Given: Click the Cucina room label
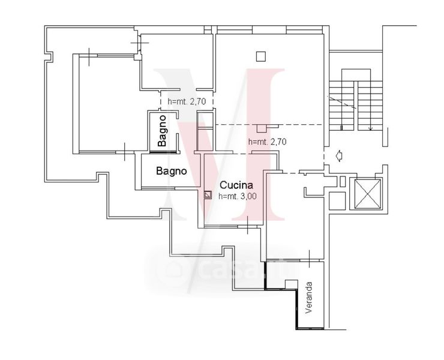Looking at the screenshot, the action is tap(236, 185).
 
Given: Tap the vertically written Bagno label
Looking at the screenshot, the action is tap(162, 131).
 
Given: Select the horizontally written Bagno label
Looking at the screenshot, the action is tap(172, 171).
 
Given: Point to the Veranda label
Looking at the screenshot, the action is tap(308, 297).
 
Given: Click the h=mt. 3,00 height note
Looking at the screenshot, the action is tap(238, 196).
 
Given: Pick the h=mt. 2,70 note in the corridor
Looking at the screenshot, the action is tap(187, 101).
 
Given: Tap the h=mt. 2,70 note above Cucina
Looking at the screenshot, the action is tap(268, 142).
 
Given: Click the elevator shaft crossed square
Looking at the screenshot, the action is tap(368, 194).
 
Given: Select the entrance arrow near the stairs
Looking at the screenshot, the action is tap(338, 156).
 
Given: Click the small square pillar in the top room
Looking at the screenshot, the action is tap(261, 56).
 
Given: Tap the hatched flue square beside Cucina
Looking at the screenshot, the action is tap(208, 195).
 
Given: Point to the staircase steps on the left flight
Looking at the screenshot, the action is tap(341, 106).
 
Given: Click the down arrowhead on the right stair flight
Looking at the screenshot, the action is tap(370, 128).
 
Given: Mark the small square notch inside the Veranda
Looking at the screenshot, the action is tap(291, 284).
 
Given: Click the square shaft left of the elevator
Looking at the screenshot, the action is tap(337, 200).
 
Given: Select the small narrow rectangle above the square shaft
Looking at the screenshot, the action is tap(343, 182).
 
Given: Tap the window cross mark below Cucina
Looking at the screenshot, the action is tap(247, 226).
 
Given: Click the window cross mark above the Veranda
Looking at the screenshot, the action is tap(309, 259).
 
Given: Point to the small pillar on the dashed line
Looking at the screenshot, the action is tap(262, 128).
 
